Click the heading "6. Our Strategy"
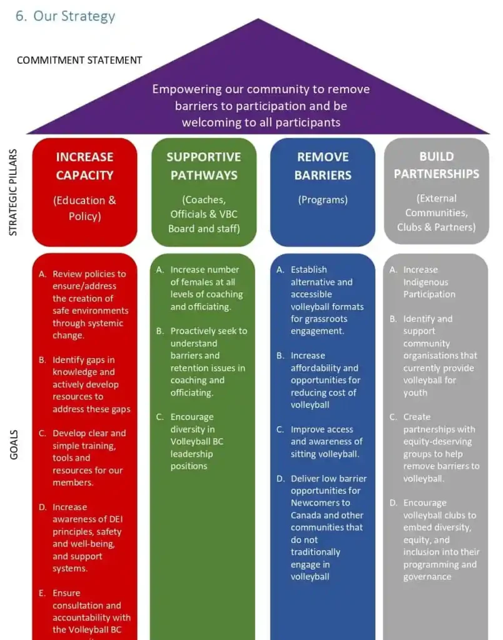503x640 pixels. [66, 16]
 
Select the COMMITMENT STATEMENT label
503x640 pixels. [79, 61]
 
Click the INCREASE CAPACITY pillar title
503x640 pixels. [84, 166]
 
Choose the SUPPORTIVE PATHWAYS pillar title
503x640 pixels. [204, 166]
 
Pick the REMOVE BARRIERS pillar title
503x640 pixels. [323, 166]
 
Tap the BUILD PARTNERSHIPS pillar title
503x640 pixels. [436, 165]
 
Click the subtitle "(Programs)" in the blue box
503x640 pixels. [323, 200]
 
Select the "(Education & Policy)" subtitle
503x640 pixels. [84, 208]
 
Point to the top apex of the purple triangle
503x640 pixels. [258, 20]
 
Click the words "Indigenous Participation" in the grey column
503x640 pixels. [429, 288]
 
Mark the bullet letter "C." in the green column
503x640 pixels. [160, 417]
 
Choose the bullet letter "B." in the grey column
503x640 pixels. [393, 319]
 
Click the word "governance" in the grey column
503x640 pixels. [427, 577]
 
